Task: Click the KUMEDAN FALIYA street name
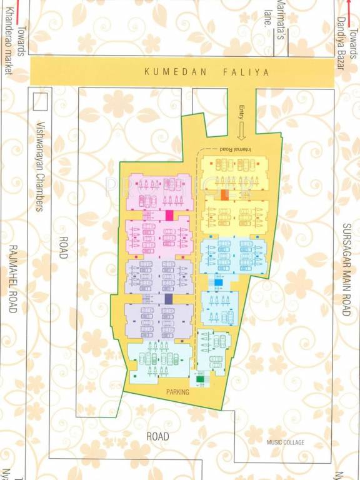pos(207,72)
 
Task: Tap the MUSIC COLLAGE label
pos(285,443)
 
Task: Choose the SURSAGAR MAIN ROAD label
pos(347,269)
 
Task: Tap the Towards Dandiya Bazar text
pos(347,35)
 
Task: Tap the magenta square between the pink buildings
pos(169,215)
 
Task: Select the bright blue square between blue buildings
pos(219,282)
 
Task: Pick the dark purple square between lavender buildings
pos(168,299)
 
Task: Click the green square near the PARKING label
pos(200,379)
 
